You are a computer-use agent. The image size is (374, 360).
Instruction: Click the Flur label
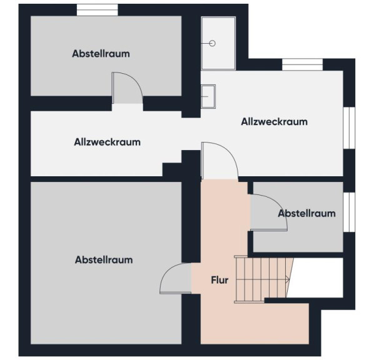click(220, 280)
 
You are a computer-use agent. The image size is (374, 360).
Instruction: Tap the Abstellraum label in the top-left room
click(101, 54)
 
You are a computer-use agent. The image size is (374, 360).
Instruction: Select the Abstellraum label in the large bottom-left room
click(104, 259)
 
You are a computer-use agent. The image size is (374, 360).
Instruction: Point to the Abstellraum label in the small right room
click(306, 213)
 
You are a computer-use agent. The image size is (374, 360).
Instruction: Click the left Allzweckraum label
click(107, 142)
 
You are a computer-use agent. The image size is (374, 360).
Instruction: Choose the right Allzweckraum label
click(275, 122)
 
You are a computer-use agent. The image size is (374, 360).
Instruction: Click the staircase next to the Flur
click(263, 279)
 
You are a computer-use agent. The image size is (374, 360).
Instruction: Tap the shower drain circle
click(212, 43)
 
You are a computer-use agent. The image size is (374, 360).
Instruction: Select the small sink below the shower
click(208, 96)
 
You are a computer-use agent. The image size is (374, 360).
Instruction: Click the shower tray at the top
click(218, 43)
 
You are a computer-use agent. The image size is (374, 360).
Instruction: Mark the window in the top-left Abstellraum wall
click(98, 10)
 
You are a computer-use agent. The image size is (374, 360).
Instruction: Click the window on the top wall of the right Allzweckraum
click(303, 64)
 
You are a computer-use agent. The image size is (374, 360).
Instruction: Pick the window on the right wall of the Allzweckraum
click(349, 127)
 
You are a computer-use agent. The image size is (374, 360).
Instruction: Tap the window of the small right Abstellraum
click(349, 212)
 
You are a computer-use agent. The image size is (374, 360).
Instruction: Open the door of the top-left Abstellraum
click(128, 88)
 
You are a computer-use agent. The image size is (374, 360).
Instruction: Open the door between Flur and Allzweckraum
click(220, 161)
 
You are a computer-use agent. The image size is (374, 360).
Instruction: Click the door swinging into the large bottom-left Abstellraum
click(176, 278)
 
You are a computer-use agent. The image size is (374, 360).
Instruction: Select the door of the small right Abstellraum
click(268, 212)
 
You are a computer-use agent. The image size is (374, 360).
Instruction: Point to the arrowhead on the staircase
click(288, 279)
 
